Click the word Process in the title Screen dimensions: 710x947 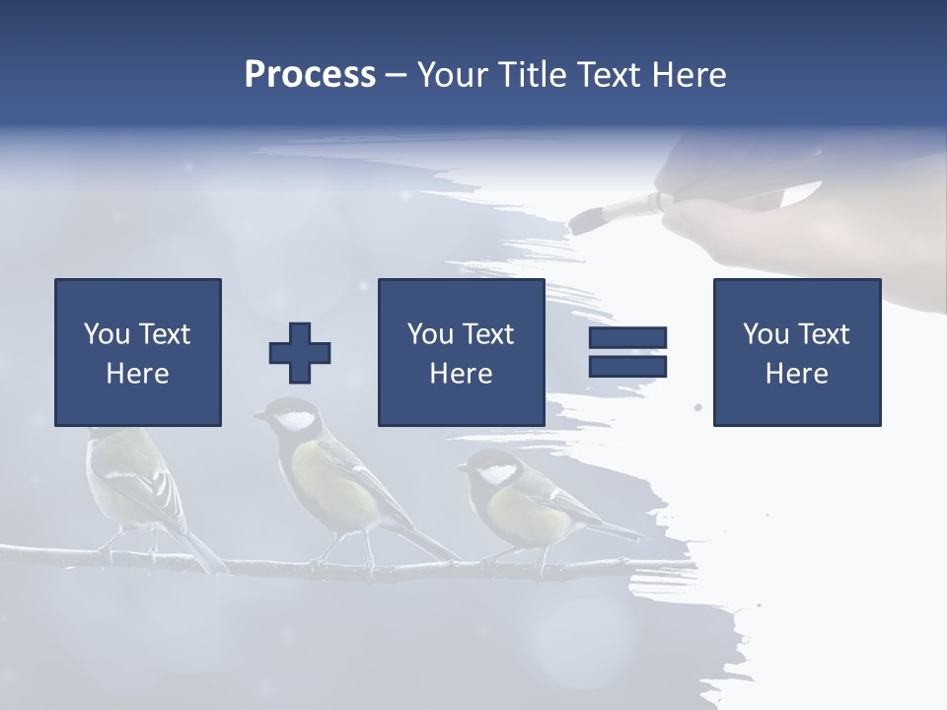[x=310, y=75]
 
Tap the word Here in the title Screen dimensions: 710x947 [x=684, y=75]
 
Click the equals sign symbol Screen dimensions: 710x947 [x=627, y=352]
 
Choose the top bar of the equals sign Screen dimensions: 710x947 [x=627, y=338]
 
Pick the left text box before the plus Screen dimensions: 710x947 [x=137, y=352]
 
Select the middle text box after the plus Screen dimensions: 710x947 [x=461, y=352]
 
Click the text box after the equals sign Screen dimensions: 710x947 [x=796, y=352]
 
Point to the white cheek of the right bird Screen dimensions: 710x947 [x=495, y=473]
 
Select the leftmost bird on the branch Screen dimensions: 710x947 [x=133, y=483]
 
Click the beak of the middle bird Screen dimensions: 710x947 [x=257, y=416]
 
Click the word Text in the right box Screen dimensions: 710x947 [x=823, y=334]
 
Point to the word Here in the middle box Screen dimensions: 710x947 [x=461, y=374]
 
